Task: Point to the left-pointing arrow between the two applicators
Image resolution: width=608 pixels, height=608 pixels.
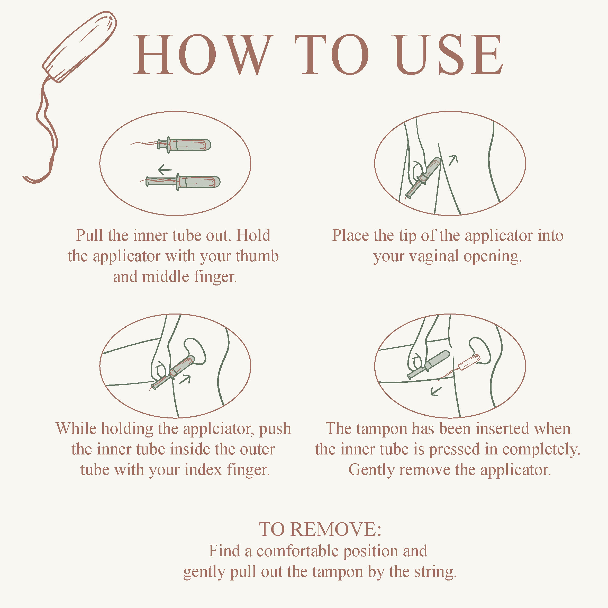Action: pyautogui.click(x=165, y=170)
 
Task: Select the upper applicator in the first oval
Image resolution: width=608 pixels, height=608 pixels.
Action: pyautogui.click(x=184, y=145)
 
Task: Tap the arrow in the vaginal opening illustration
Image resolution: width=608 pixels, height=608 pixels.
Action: pyautogui.click(x=453, y=160)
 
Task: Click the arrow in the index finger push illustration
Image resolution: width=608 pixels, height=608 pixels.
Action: pyautogui.click(x=185, y=379)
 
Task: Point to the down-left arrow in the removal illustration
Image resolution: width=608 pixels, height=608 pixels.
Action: pyautogui.click(x=436, y=391)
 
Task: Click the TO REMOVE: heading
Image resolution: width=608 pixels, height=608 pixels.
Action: pyautogui.click(x=320, y=529)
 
